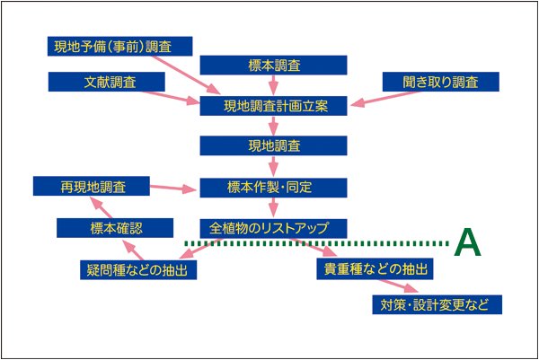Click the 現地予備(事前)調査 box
click(x=120, y=46)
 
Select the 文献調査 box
click(x=107, y=82)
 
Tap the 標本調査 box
click(x=274, y=65)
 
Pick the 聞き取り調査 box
click(x=441, y=82)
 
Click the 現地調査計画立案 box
click(x=274, y=106)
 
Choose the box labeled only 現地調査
click(x=274, y=145)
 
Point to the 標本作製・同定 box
click(x=274, y=188)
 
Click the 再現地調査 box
click(x=92, y=186)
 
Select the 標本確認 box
click(x=115, y=228)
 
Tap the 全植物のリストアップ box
click(x=274, y=228)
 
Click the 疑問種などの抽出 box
click(x=138, y=270)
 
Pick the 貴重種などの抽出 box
click(x=375, y=268)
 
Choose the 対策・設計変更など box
click(x=437, y=304)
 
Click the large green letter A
click(x=467, y=242)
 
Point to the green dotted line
click(x=316, y=243)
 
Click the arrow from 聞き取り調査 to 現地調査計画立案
click(x=385, y=98)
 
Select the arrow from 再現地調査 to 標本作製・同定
click(x=173, y=188)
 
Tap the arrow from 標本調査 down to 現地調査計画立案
click(x=273, y=85)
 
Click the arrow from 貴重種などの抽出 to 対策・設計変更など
click(x=398, y=286)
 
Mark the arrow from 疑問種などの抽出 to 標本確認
click(x=133, y=250)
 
